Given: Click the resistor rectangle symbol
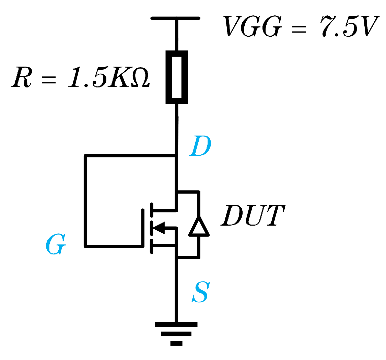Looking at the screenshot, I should pyautogui.click(x=177, y=77).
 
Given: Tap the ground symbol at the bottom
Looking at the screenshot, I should pyautogui.click(x=176, y=333).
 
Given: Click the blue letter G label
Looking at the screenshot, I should pyautogui.click(x=55, y=246).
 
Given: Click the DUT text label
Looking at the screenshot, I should pyautogui.click(x=253, y=216).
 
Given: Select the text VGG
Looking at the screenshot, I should pyautogui.click(x=252, y=26).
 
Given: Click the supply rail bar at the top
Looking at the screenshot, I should pyautogui.click(x=175, y=18).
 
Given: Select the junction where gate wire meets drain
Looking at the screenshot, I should pyautogui.click(x=176, y=156).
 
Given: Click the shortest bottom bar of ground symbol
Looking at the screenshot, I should pyautogui.click(x=176, y=343).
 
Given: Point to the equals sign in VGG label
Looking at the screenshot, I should pyautogui.click(x=298, y=27).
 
